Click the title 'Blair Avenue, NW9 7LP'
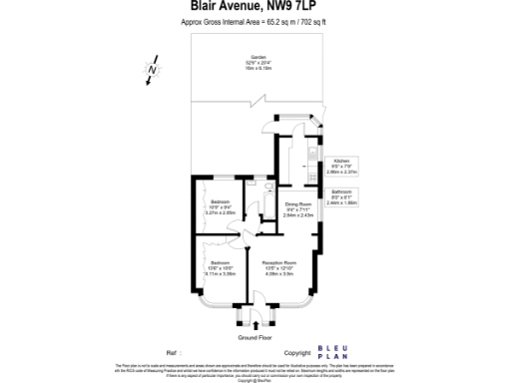[255, 8]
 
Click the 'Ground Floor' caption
[255, 338]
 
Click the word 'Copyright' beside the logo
[299, 353]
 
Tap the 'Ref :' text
[172, 353]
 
